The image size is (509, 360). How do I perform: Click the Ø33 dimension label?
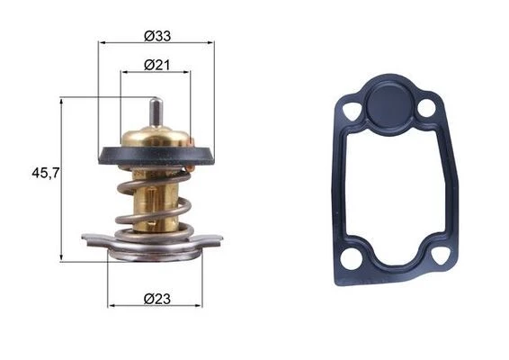click(157, 36)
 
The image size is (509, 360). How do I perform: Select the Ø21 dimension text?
click(156, 66)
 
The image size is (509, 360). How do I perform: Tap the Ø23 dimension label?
click(157, 299)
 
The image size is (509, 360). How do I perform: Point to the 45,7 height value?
click(46, 173)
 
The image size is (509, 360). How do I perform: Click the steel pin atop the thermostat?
click(156, 112)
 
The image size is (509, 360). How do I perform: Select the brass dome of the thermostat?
click(156, 137)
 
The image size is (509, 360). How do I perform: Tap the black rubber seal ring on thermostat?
click(156, 156)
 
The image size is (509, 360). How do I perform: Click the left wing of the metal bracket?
click(95, 240)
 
